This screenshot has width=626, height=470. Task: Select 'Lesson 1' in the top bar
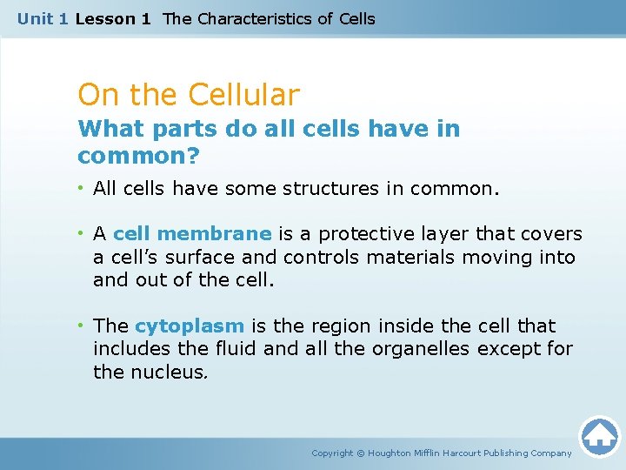point(113,18)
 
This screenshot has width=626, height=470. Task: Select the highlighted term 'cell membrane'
point(192,234)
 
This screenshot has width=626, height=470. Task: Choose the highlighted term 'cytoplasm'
point(190,326)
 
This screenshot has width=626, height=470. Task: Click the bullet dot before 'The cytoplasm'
point(83,326)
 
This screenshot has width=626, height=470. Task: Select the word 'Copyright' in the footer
point(332,453)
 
